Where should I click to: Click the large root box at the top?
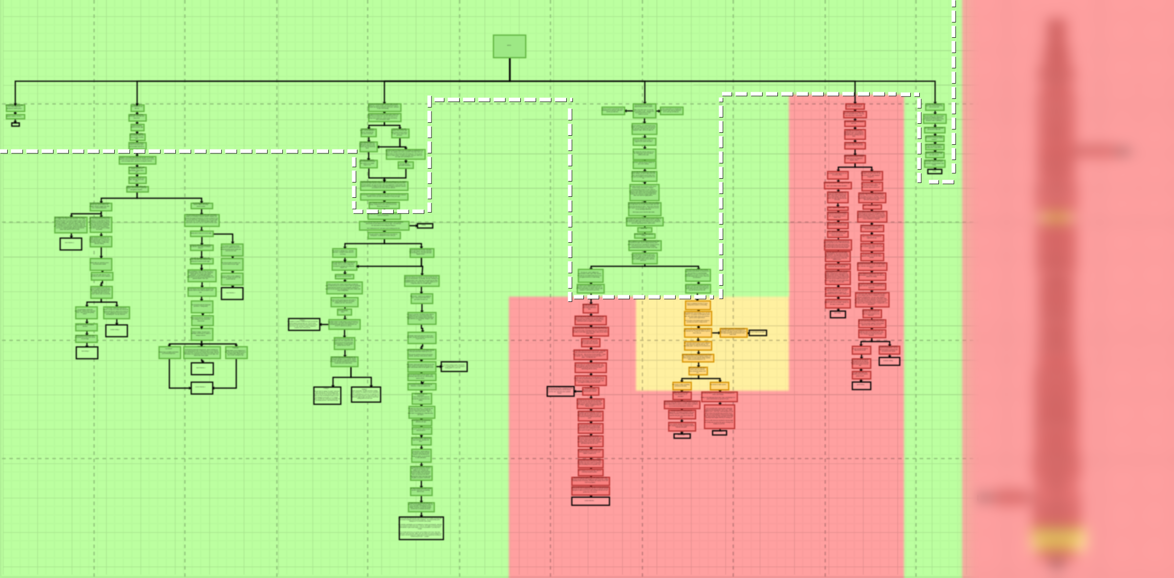(x=509, y=46)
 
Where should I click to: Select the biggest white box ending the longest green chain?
(x=421, y=528)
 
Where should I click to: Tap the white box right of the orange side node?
(x=757, y=333)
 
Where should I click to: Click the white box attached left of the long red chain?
(x=560, y=391)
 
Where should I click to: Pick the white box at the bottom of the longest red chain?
(x=590, y=501)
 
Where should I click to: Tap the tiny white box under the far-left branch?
(x=15, y=125)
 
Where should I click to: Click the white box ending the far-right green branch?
(x=934, y=171)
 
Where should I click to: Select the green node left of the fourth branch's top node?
(x=613, y=111)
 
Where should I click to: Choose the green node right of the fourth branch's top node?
(x=671, y=111)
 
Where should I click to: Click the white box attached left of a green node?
(x=304, y=324)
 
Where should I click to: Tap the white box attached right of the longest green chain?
(x=454, y=366)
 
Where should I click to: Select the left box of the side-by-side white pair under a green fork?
(x=327, y=396)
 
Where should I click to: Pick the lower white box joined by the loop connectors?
(x=202, y=388)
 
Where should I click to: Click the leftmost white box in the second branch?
(x=71, y=244)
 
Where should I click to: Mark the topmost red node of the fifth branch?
(x=855, y=107)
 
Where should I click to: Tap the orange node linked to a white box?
(x=733, y=332)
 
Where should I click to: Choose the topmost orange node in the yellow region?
(x=698, y=305)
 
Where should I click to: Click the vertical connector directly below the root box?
(x=510, y=69)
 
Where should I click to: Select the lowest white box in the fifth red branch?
(x=861, y=385)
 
